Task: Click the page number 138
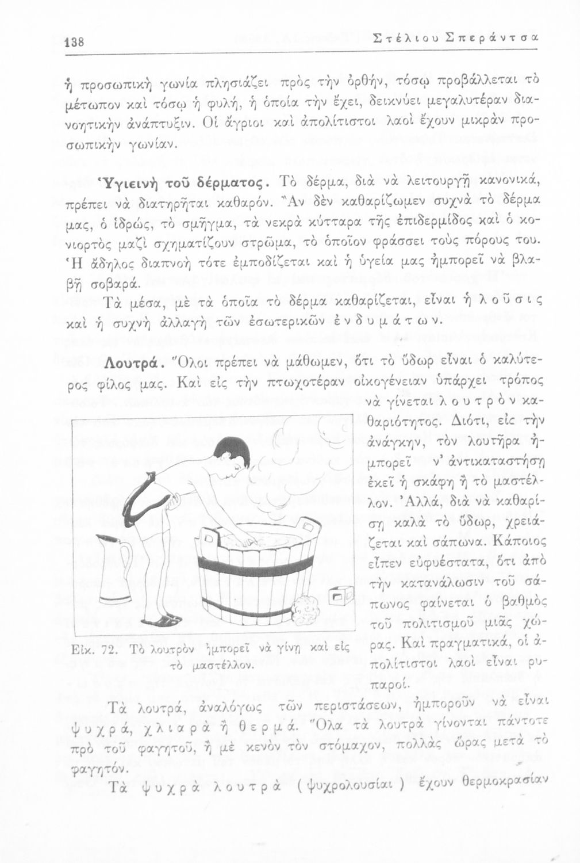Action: click(75, 42)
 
